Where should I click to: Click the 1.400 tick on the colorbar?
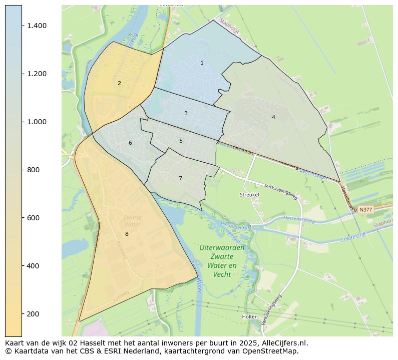[37, 26]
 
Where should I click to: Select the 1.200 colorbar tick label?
[37, 74]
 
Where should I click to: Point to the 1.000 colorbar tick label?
[37, 122]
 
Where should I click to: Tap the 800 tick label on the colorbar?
[33, 170]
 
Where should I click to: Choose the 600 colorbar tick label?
[33, 218]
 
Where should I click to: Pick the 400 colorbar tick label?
[33, 266]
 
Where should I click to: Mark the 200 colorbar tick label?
[33, 314]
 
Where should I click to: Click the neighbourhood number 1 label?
[202, 63]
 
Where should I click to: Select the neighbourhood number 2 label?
[119, 84]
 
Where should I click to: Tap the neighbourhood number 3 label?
[186, 114]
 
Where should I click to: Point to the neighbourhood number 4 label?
[273, 117]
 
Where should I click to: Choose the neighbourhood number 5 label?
[181, 141]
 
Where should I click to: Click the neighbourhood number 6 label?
[130, 143]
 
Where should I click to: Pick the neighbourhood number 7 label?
[180, 179]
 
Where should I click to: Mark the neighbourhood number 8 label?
[127, 234]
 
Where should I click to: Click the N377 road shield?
[365, 210]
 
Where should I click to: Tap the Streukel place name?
[248, 194]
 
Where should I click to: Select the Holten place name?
[249, 317]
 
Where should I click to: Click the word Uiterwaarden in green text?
[222, 248]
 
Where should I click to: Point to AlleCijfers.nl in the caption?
[284, 343]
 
